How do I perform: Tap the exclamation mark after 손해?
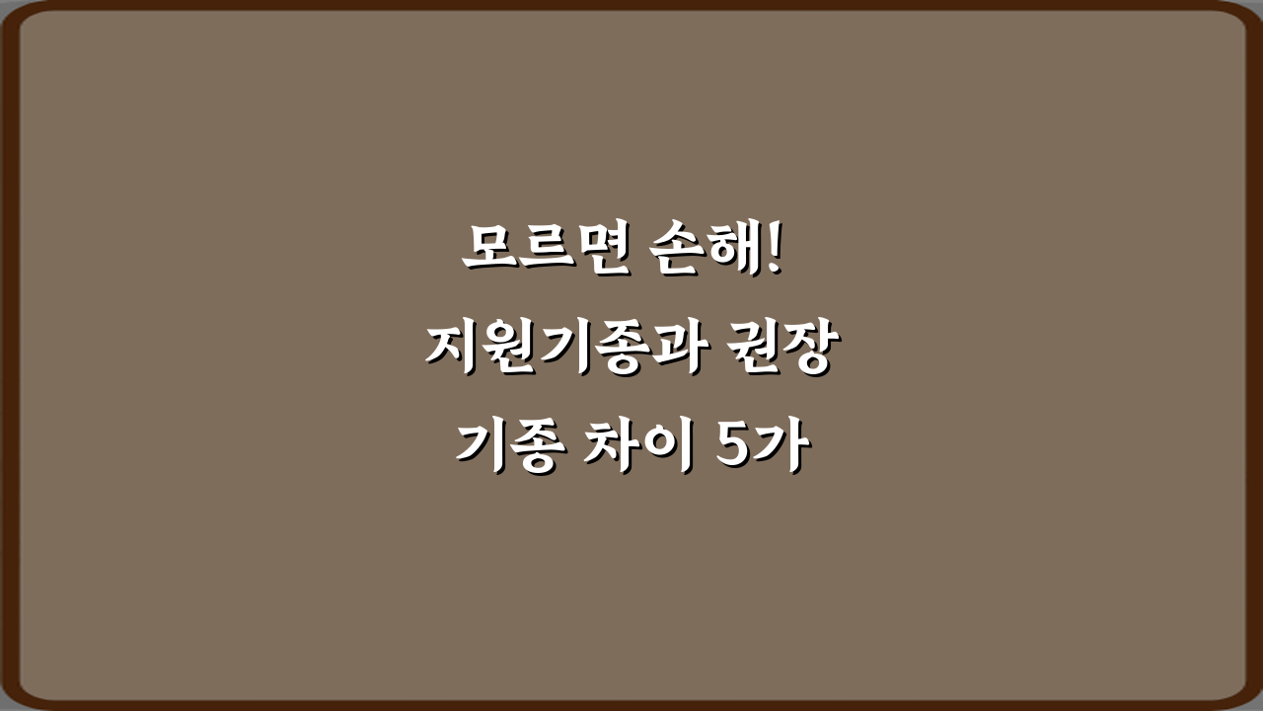[x=773, y=250]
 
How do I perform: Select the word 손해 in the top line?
[x=702, y=252]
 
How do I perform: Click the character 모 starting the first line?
[x=489, y=252]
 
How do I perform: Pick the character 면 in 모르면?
[x=596, y=252]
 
